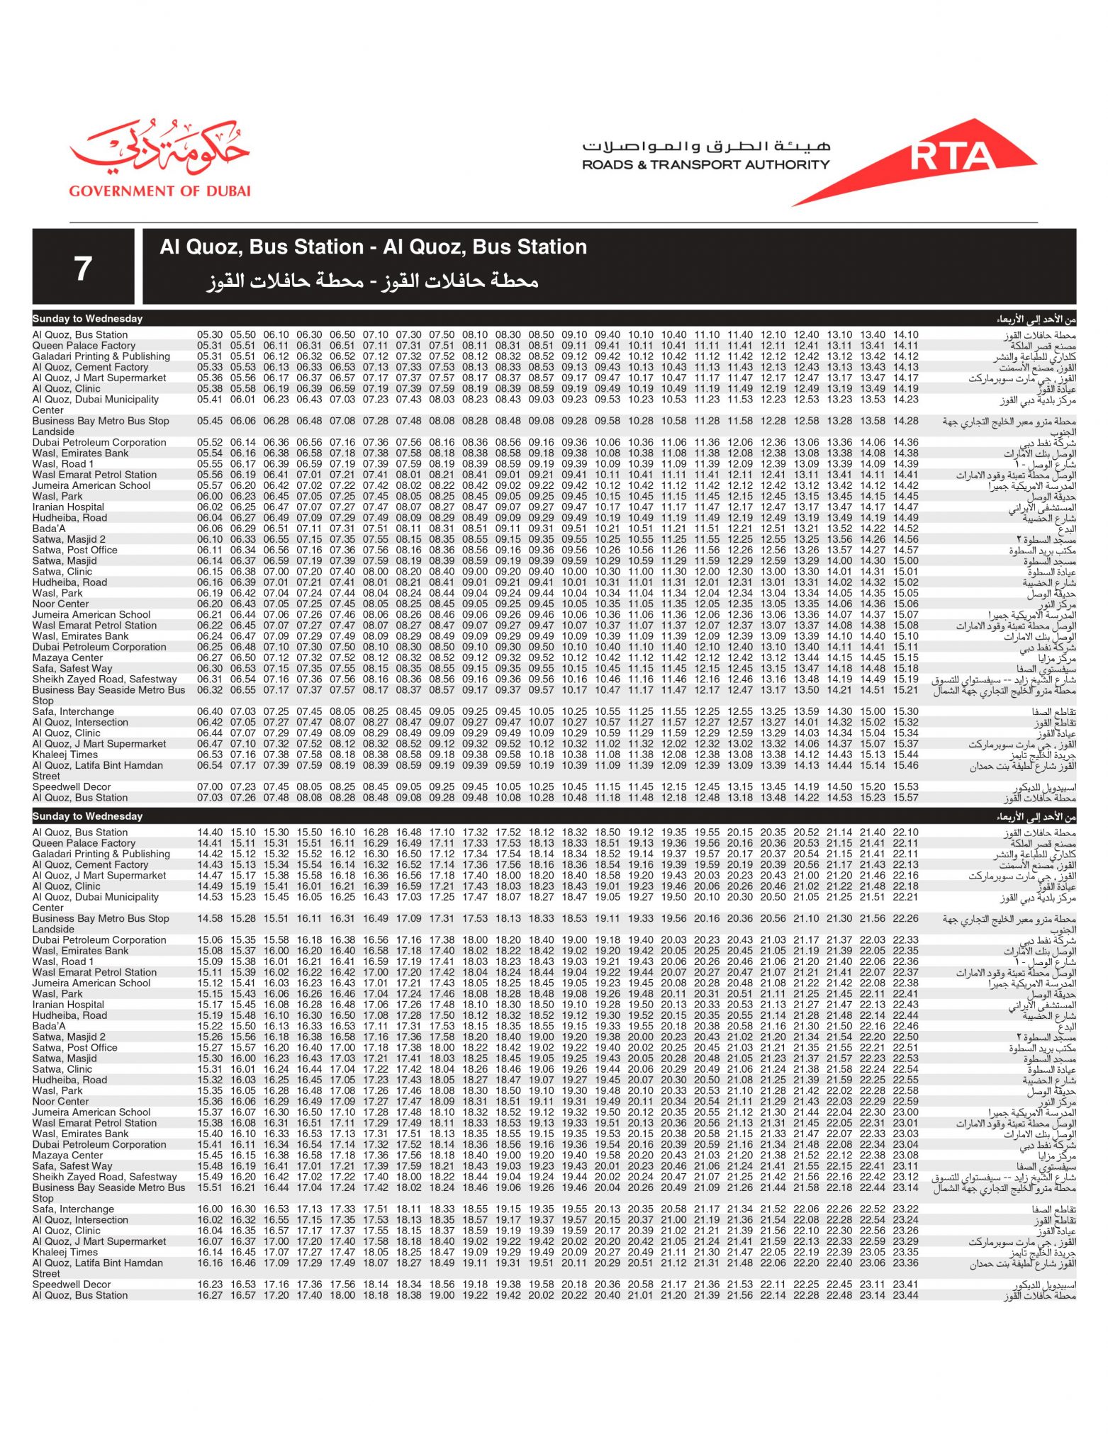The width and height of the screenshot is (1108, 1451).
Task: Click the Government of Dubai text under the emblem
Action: point(160,191)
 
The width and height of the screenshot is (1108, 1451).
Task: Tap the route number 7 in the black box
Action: point(83,269)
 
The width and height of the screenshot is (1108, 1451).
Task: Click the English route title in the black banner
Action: point(373,247)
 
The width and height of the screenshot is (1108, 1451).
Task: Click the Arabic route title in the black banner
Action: point(373,281)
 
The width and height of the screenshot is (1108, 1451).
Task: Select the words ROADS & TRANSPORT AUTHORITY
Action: point(705,164)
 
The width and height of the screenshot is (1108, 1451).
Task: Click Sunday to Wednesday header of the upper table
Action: point(87,319)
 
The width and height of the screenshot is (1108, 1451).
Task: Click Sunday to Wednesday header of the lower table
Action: point(87,816)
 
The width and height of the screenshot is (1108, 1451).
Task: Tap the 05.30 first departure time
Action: point(210,334)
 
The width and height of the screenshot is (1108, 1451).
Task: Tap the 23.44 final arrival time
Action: point(905,1295)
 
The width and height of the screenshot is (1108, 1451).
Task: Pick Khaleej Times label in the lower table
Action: point(65,1252)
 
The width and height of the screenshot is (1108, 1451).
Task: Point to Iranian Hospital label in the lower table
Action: point(68,1005)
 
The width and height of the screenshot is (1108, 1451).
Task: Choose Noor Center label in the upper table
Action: point(60,604)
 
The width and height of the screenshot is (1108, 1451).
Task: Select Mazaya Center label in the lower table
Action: point(67,1155)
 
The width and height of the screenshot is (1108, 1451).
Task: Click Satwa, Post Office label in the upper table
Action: point(74,550)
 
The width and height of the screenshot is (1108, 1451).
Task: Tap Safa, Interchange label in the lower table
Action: point(73,1209)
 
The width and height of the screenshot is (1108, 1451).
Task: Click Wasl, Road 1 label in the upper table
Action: point(62,464)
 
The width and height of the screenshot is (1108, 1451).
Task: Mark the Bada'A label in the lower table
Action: point(49,1026)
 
